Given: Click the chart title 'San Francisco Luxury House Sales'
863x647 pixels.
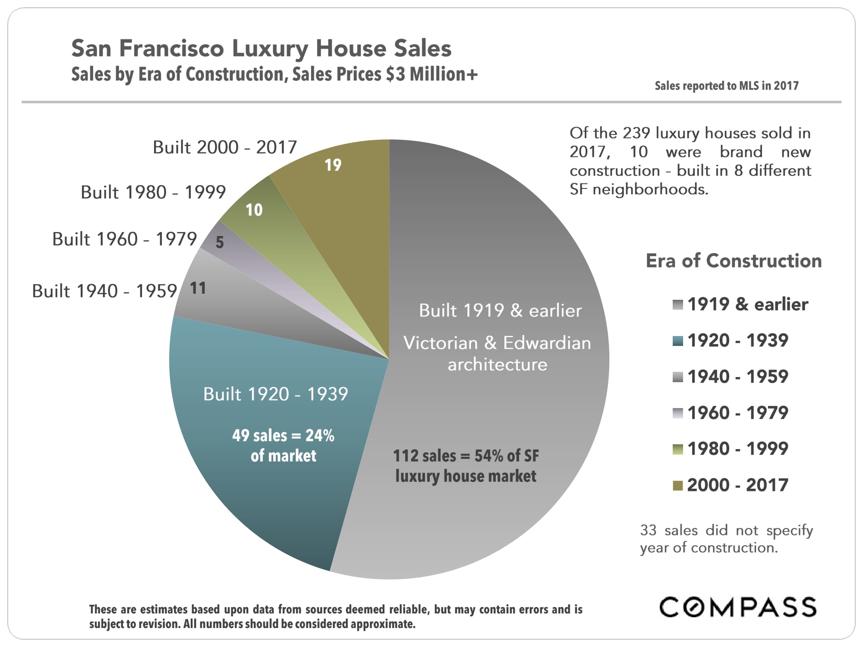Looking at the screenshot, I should pos(261,48).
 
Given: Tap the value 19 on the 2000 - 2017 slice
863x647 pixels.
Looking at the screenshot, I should pos(333,165).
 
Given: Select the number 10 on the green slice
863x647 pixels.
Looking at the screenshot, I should pos(254,210).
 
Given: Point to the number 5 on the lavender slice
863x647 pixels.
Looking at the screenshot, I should pos(220,242).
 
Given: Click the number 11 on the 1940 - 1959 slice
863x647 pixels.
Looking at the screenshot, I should pos(198,288).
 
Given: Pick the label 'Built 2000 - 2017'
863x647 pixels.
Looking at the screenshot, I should pos(225,148).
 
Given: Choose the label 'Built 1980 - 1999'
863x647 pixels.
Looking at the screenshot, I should pos(153,192).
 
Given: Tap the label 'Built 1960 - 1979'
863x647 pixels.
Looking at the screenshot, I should pos(124,239).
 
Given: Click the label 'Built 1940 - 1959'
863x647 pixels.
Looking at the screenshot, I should pos(104,291).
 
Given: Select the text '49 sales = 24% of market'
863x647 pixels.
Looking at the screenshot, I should pos(283,445).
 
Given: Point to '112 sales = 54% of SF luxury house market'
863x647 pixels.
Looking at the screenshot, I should pos(466,466).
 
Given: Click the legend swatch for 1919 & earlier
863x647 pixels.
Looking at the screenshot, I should pos(677,305).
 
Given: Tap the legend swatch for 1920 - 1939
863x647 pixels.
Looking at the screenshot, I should pos(677,341).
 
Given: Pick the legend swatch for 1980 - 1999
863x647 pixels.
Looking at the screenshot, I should pos(677,449).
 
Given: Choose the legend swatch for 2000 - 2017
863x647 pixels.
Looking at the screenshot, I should pos(677,486).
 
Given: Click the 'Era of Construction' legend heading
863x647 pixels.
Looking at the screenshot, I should pos(734,261).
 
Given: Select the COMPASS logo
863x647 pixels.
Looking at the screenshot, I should pos(738,607).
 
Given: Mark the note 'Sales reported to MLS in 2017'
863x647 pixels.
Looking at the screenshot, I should pos(727,86).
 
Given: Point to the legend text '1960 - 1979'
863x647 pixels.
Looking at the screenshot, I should pos(738,413).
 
